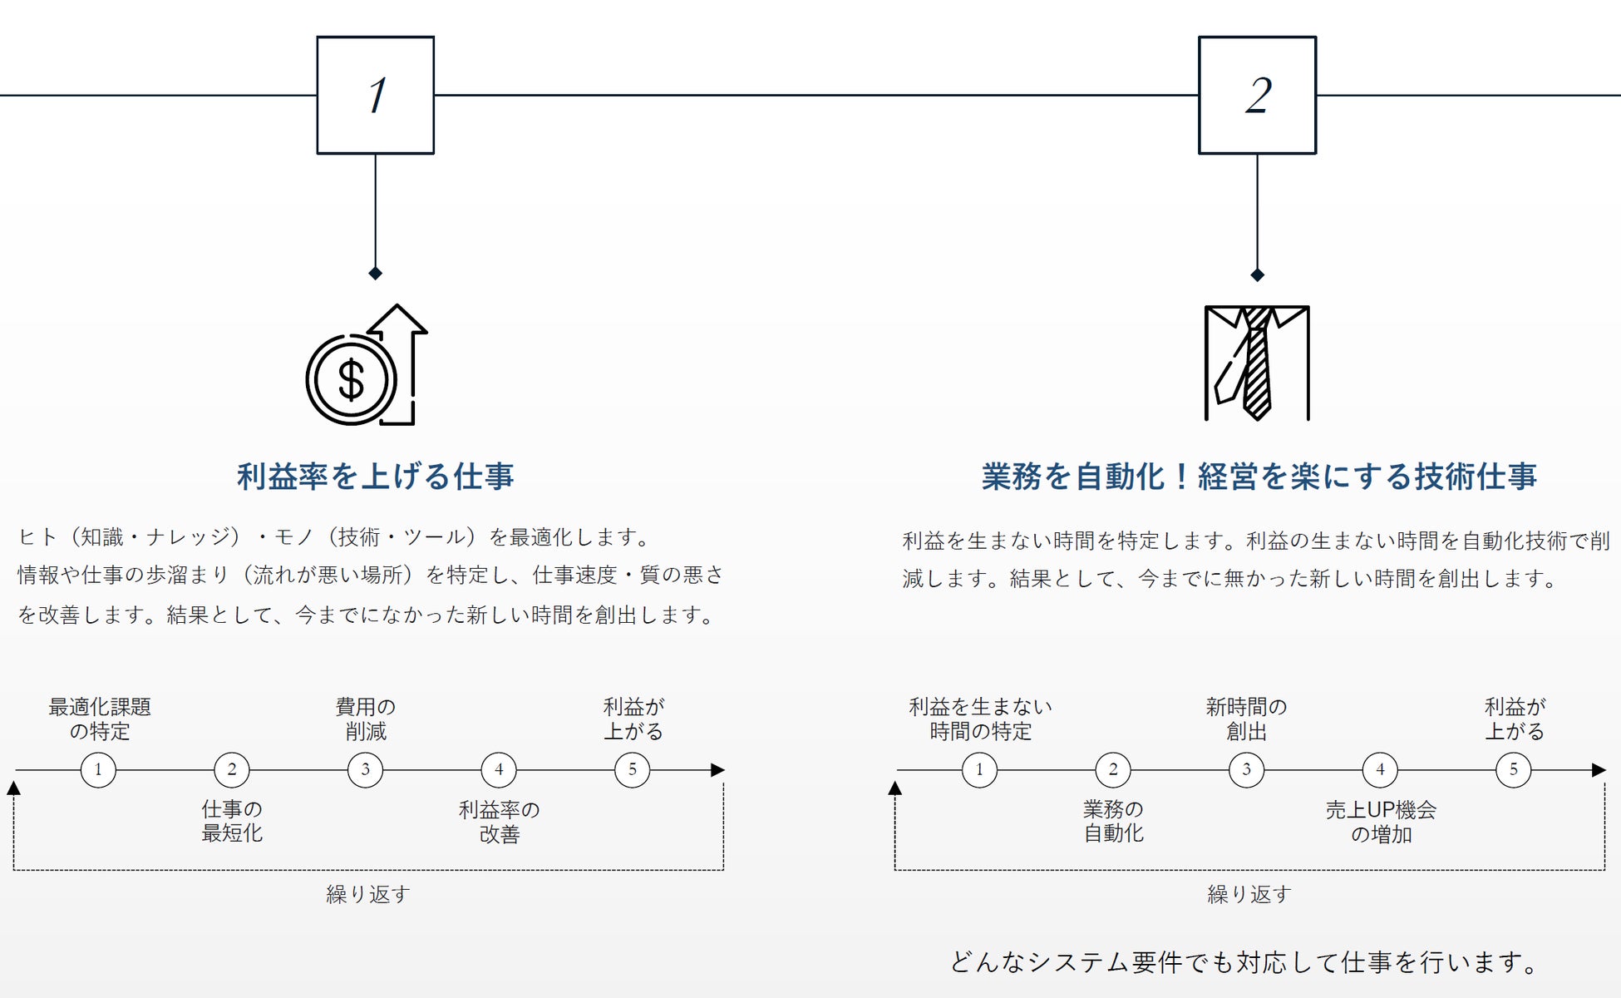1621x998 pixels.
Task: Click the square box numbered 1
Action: point(376,95)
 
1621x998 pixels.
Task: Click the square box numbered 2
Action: point(1257,95)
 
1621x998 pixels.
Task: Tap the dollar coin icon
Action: point(352,379)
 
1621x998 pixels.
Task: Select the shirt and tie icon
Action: point(1257,363)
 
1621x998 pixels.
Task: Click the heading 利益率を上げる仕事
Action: point(376,477)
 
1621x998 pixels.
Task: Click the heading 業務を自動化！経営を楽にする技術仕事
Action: point(1259,477)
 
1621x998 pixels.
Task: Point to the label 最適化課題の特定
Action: point(100,719)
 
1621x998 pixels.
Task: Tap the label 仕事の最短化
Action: point(232,821)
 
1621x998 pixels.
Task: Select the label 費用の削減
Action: point(366,719)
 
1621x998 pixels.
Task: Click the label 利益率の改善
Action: point(499,822)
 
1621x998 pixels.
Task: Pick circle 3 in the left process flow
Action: point(365,770)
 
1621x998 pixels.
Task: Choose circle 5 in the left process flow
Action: point(632,770)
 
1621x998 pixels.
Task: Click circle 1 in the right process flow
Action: point(979,770)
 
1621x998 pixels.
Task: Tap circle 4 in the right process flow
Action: point(1380,770)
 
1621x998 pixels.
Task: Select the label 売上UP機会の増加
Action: point(1381,822)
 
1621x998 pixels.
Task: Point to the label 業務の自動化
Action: point(1113,821)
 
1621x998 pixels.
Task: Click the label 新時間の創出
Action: point(1246,719)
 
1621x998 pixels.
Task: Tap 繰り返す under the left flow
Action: point(368,894)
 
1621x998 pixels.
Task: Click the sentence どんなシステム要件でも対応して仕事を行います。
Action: point(1244,962)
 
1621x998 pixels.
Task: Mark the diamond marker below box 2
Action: point(1257,275)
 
